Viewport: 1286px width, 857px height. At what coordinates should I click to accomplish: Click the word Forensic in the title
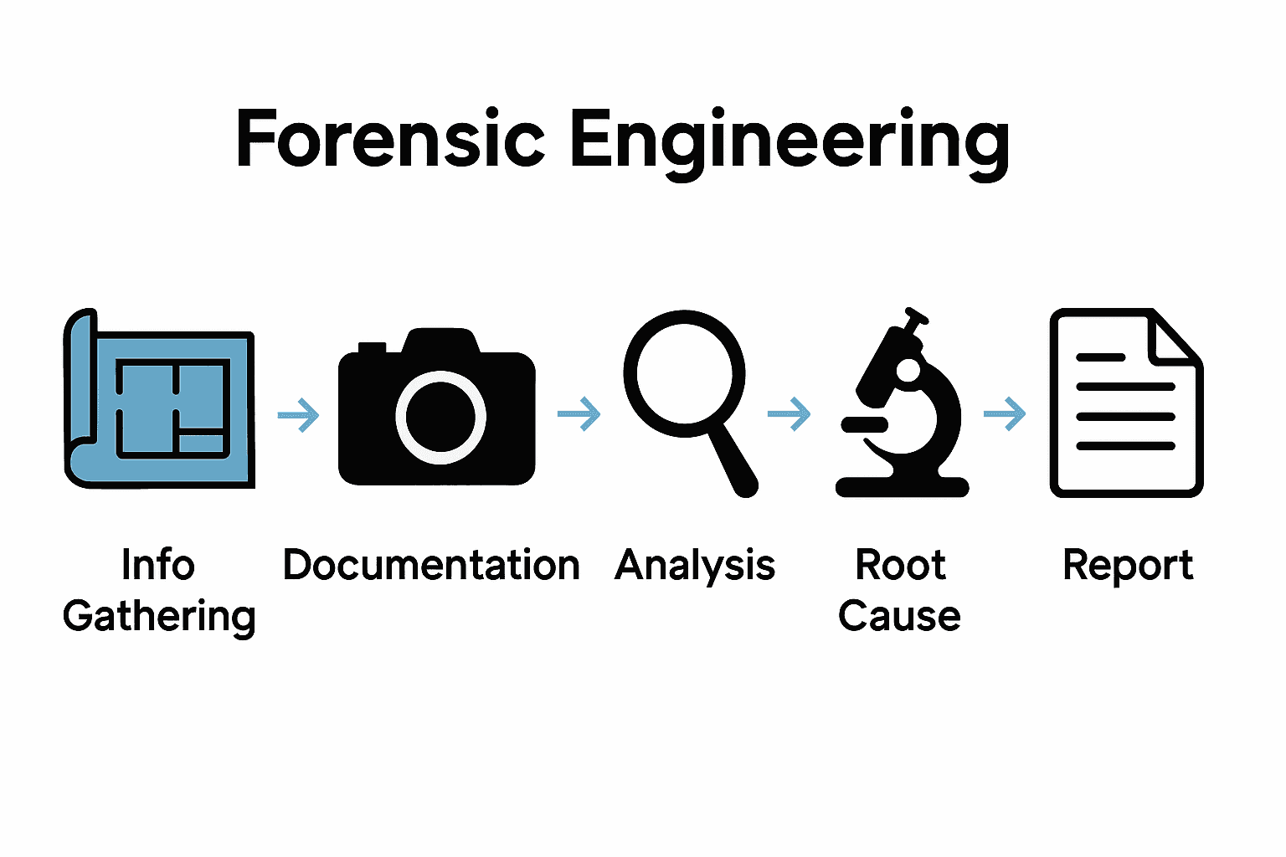pos(390,139)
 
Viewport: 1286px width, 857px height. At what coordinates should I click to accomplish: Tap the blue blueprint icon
pos(159,400)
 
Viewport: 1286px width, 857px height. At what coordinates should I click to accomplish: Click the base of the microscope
pos(903,487)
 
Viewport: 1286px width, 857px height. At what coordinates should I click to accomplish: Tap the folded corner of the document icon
pos(1174,340)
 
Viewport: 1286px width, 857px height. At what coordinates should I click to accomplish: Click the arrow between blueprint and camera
pos(298,414)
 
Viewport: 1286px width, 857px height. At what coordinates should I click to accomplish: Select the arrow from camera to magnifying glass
pos(579,413)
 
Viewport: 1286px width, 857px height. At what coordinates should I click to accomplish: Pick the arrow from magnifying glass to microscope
pos(789,413)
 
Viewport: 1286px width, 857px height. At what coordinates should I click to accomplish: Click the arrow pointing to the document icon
pos(1005,413)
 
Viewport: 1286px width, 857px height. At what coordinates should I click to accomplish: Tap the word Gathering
pos(159,618)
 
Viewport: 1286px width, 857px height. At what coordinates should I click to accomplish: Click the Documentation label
pos(431,565)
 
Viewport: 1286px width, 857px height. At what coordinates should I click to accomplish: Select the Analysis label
pos(694,567)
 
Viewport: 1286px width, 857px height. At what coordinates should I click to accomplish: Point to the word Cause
pos(899,617)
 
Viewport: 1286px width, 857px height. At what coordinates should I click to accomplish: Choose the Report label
pos(1127,567)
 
